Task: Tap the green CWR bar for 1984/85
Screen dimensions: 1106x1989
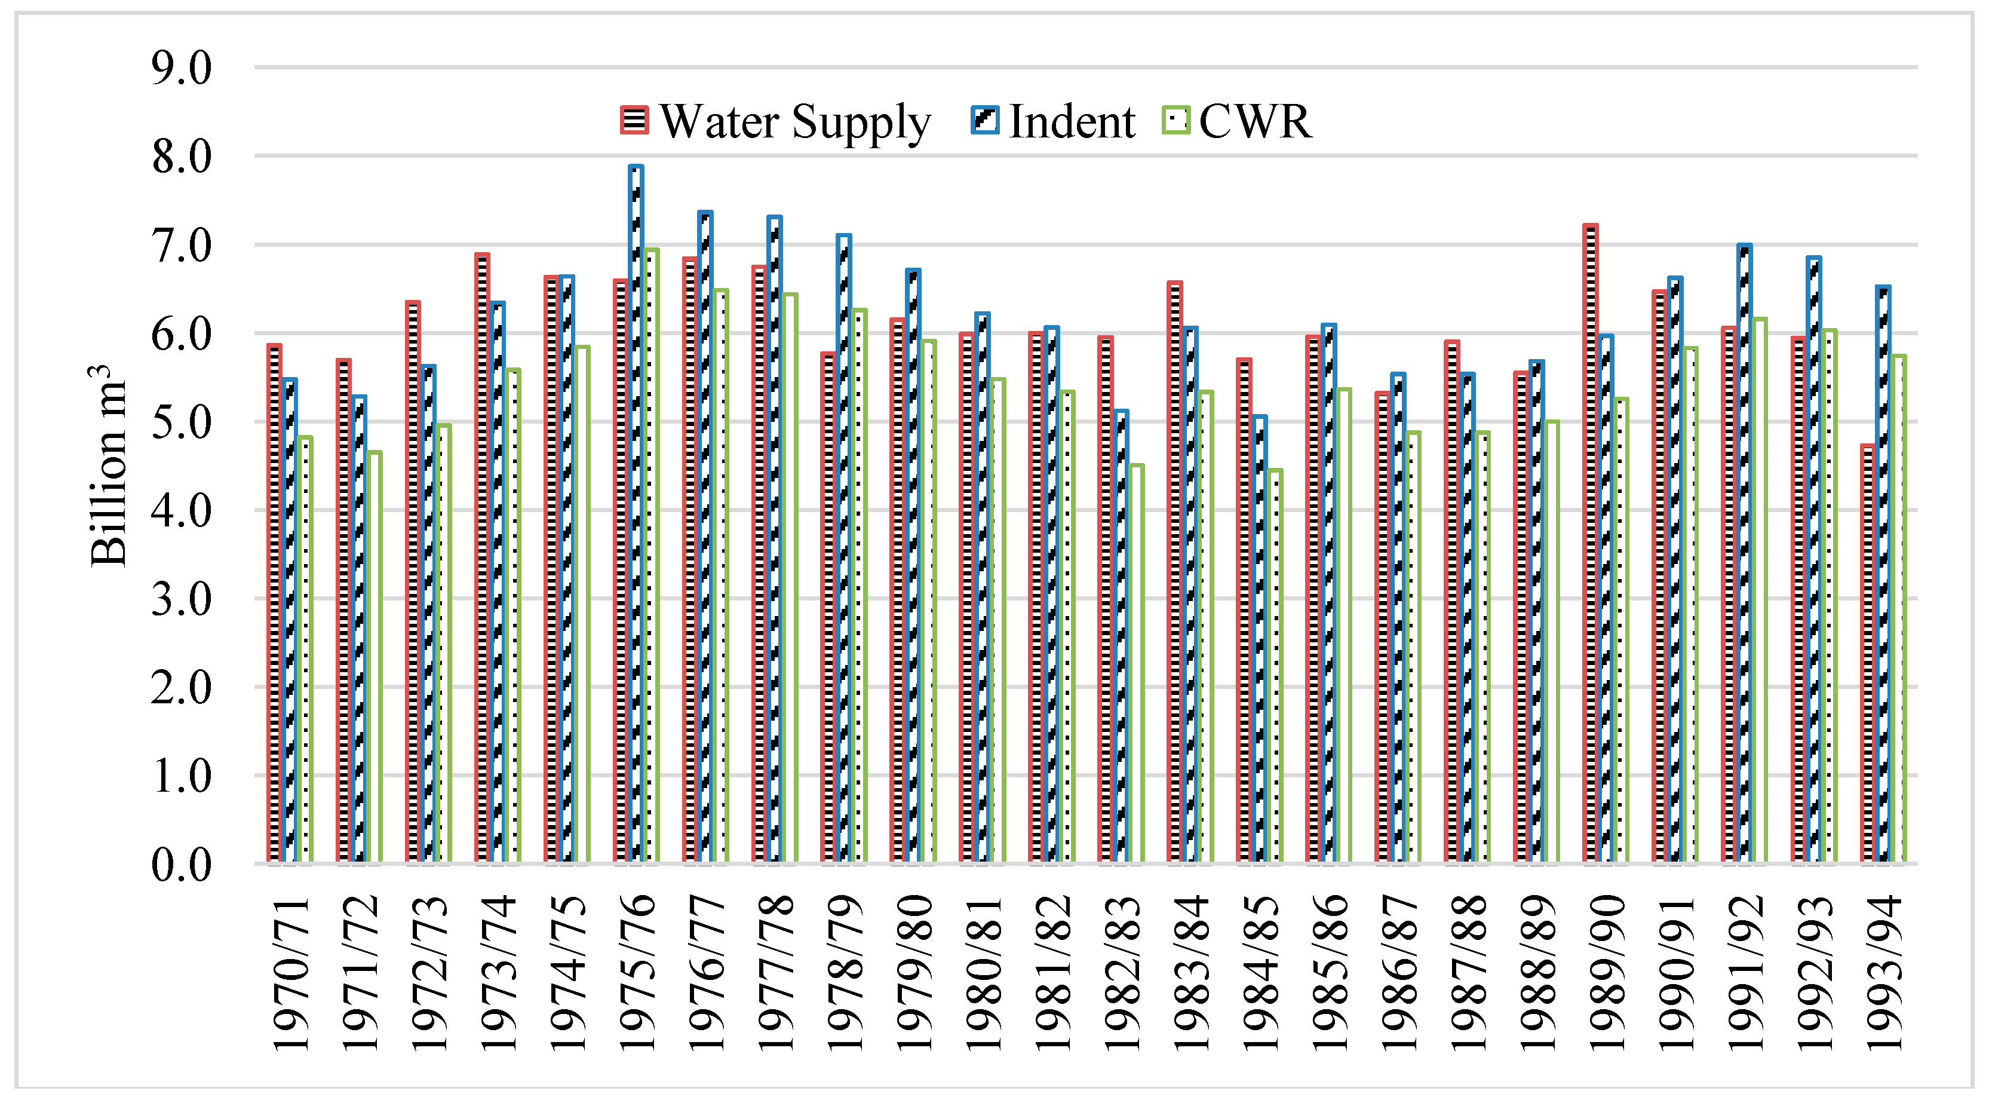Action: [1274, 665]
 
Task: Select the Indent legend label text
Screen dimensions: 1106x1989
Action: [1072, 121]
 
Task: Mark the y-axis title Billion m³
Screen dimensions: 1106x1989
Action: [108, 465]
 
